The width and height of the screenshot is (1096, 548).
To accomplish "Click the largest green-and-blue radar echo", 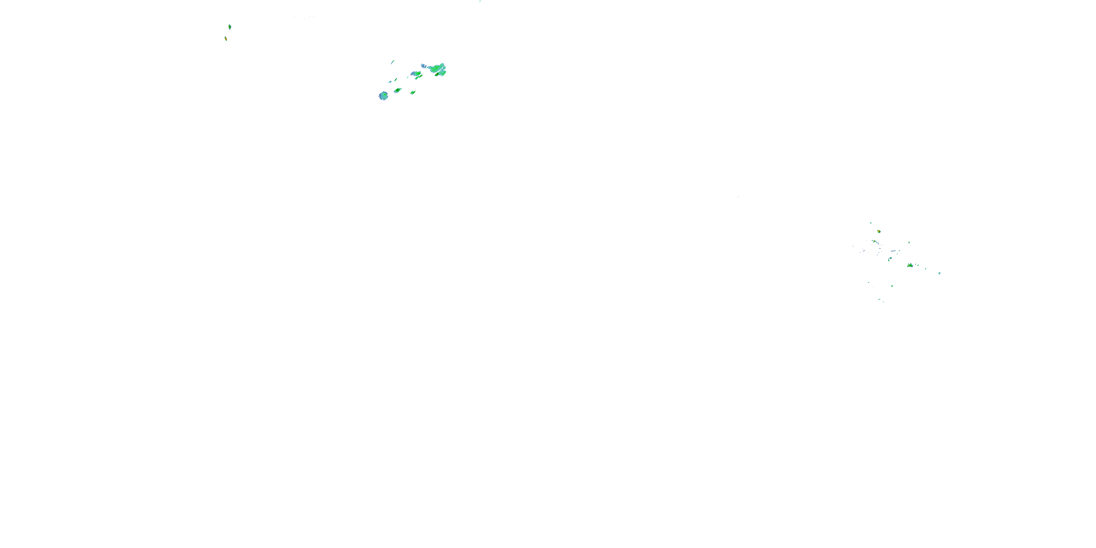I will (436, 69).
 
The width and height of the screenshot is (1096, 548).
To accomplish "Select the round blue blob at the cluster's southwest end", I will (383, 96).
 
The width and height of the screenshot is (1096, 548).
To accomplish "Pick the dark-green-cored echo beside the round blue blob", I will (398, 90).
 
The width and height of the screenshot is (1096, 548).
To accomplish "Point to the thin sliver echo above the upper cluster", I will (393, 62).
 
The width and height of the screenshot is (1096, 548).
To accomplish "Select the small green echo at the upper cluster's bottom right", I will (413, 92).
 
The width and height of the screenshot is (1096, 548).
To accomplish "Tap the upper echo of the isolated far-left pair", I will (230, 27).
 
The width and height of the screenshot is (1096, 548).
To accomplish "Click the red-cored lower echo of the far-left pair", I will (226, 39).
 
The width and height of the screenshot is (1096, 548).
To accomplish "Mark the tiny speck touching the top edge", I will (480, 1).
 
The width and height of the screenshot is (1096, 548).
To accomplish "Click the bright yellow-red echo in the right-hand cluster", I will (879, 232).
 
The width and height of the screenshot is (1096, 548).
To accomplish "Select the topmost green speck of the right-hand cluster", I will (871, 223).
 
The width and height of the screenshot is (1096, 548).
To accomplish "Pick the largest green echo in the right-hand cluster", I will (910, 265).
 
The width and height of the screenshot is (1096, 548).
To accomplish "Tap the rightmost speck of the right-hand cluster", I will (939, 273).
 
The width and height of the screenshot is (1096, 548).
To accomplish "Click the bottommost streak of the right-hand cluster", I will (884, 302).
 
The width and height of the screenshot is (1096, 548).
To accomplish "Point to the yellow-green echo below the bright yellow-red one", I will (874, 241).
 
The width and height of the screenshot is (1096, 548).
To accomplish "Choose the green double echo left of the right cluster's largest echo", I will (890, 258).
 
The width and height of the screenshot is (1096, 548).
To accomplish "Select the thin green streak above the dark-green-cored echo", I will (396, 80).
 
